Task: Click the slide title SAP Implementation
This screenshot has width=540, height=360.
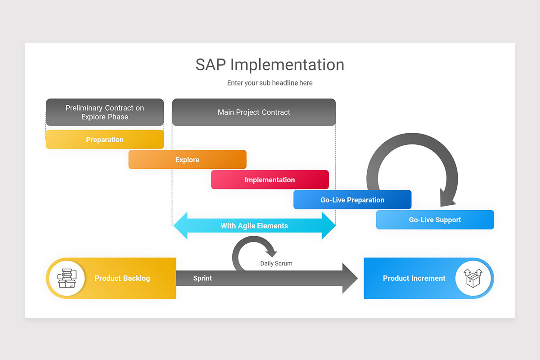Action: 270,65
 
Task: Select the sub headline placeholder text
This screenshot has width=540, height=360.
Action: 270,83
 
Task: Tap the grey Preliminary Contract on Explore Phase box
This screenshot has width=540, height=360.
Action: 104,112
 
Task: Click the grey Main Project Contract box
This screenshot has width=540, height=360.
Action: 254,112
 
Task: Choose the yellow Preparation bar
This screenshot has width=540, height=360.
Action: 104,139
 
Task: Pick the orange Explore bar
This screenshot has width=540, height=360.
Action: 187,160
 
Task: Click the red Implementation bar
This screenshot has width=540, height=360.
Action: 270,180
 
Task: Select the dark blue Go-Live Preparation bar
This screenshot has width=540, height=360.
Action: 352,200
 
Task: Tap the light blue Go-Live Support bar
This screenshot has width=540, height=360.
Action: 435,220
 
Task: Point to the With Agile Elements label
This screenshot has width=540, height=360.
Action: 254,226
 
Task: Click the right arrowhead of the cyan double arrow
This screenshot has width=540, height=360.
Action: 328,225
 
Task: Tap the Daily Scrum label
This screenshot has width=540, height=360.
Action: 276,264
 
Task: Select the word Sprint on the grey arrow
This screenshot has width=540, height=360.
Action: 202,279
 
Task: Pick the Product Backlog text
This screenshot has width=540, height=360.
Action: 122,279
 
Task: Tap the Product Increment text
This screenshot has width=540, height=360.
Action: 414,279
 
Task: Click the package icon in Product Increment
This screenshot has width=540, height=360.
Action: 473,278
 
